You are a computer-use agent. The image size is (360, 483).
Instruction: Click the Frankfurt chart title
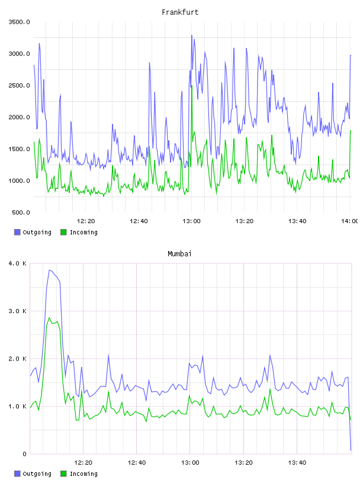180,12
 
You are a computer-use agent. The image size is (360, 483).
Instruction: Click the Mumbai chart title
179,254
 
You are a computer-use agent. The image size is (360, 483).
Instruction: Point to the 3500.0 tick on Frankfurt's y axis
20,22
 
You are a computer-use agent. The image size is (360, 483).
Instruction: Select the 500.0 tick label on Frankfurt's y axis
21,212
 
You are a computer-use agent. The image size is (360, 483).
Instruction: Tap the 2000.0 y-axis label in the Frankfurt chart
20,117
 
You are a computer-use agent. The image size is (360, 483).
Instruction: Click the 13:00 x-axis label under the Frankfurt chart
191,221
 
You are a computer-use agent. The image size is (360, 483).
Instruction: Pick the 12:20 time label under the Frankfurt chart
86,221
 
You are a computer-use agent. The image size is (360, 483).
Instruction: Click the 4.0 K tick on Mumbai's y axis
18,263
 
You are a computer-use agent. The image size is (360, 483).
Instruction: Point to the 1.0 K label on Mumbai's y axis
18,407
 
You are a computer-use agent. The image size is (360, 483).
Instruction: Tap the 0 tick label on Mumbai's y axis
25,454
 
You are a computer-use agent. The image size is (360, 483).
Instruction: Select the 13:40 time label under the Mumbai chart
297,463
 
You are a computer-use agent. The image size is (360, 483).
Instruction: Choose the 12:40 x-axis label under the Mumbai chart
137,463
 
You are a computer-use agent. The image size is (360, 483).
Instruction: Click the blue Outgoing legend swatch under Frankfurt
17,232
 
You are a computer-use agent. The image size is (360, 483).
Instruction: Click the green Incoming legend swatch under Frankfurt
63,232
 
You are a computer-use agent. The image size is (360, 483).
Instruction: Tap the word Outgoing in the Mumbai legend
37,474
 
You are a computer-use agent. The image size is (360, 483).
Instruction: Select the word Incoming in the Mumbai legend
83,474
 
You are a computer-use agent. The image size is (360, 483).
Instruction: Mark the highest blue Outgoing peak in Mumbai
49,270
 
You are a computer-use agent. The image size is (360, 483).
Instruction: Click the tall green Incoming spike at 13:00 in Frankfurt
192,86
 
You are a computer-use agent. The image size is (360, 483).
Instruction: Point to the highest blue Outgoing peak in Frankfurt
191,35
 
